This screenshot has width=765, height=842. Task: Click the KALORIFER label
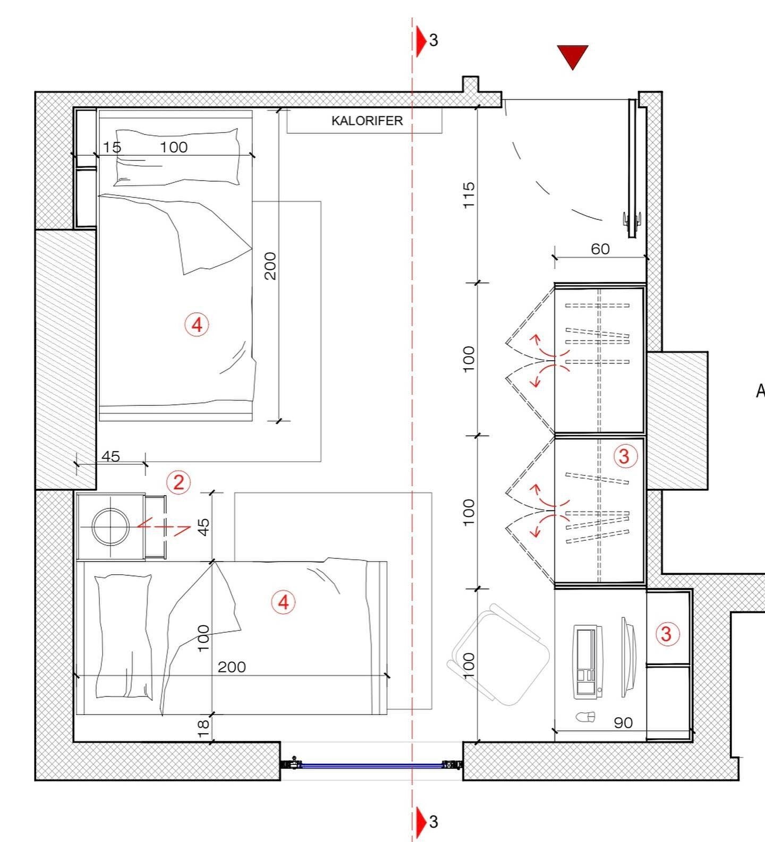[x=367, y=121]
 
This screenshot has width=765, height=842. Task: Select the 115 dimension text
[x=469, y=195]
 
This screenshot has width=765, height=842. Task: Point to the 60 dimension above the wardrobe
[x=600, y=249]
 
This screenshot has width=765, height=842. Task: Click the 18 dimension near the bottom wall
[x=203, y=728]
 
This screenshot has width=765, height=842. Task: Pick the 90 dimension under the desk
[x=623, y=722]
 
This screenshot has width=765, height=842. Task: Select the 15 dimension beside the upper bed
[x=112, y=147]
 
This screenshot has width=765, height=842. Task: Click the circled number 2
[x=178, y=482]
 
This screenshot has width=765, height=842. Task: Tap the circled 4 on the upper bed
[x=197, y=324]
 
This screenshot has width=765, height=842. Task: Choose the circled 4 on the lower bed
[x=283, y=602]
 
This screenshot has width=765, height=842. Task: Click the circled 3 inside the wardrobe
[x=624, y=456]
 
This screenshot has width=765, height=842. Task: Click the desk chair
[x=500, y=654]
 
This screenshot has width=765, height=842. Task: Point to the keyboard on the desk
[x=587, y=661]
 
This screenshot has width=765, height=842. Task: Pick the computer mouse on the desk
[x=585, y=717]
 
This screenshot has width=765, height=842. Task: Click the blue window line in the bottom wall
[x=371, y=766]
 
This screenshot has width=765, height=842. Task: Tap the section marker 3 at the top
[x=427, y=40]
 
